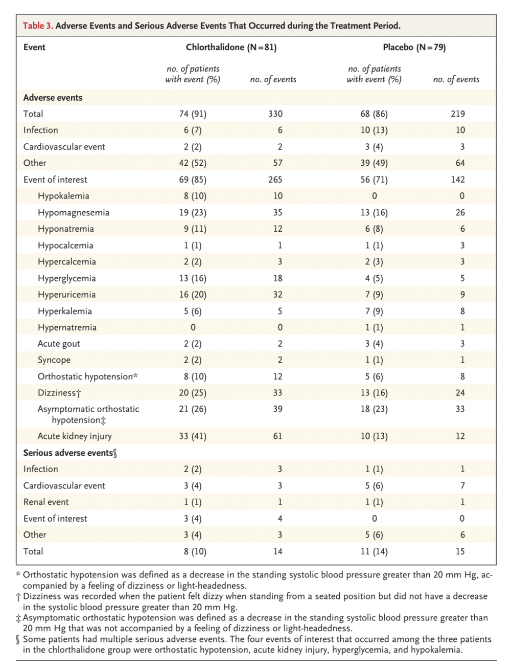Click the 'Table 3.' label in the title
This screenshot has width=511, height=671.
point(38,26)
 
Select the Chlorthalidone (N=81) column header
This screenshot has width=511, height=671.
point(231,48)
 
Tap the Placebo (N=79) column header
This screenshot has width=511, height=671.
point(414,48)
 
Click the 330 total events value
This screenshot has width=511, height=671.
point(275,114)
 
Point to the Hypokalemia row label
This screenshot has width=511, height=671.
point(63,196)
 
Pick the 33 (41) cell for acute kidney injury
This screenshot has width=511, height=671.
point(193,436)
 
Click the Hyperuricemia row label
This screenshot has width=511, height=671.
point(66,295)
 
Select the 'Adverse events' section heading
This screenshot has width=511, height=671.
point(53,98)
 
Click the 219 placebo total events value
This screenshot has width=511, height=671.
point(457,114)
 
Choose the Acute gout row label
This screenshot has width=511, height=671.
point(59,344)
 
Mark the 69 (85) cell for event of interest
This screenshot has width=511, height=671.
point(193,180)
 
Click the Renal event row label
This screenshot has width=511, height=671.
point(46,502)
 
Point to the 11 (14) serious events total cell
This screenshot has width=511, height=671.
point(374,551)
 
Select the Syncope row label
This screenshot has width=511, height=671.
point(54,360)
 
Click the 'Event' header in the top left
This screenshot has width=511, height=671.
point(34,48)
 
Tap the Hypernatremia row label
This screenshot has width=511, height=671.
point(67,327)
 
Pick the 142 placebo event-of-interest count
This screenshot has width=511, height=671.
point(458,180)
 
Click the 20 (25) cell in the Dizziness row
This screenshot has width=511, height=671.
point(193,393)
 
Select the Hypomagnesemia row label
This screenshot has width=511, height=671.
point(74,212)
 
